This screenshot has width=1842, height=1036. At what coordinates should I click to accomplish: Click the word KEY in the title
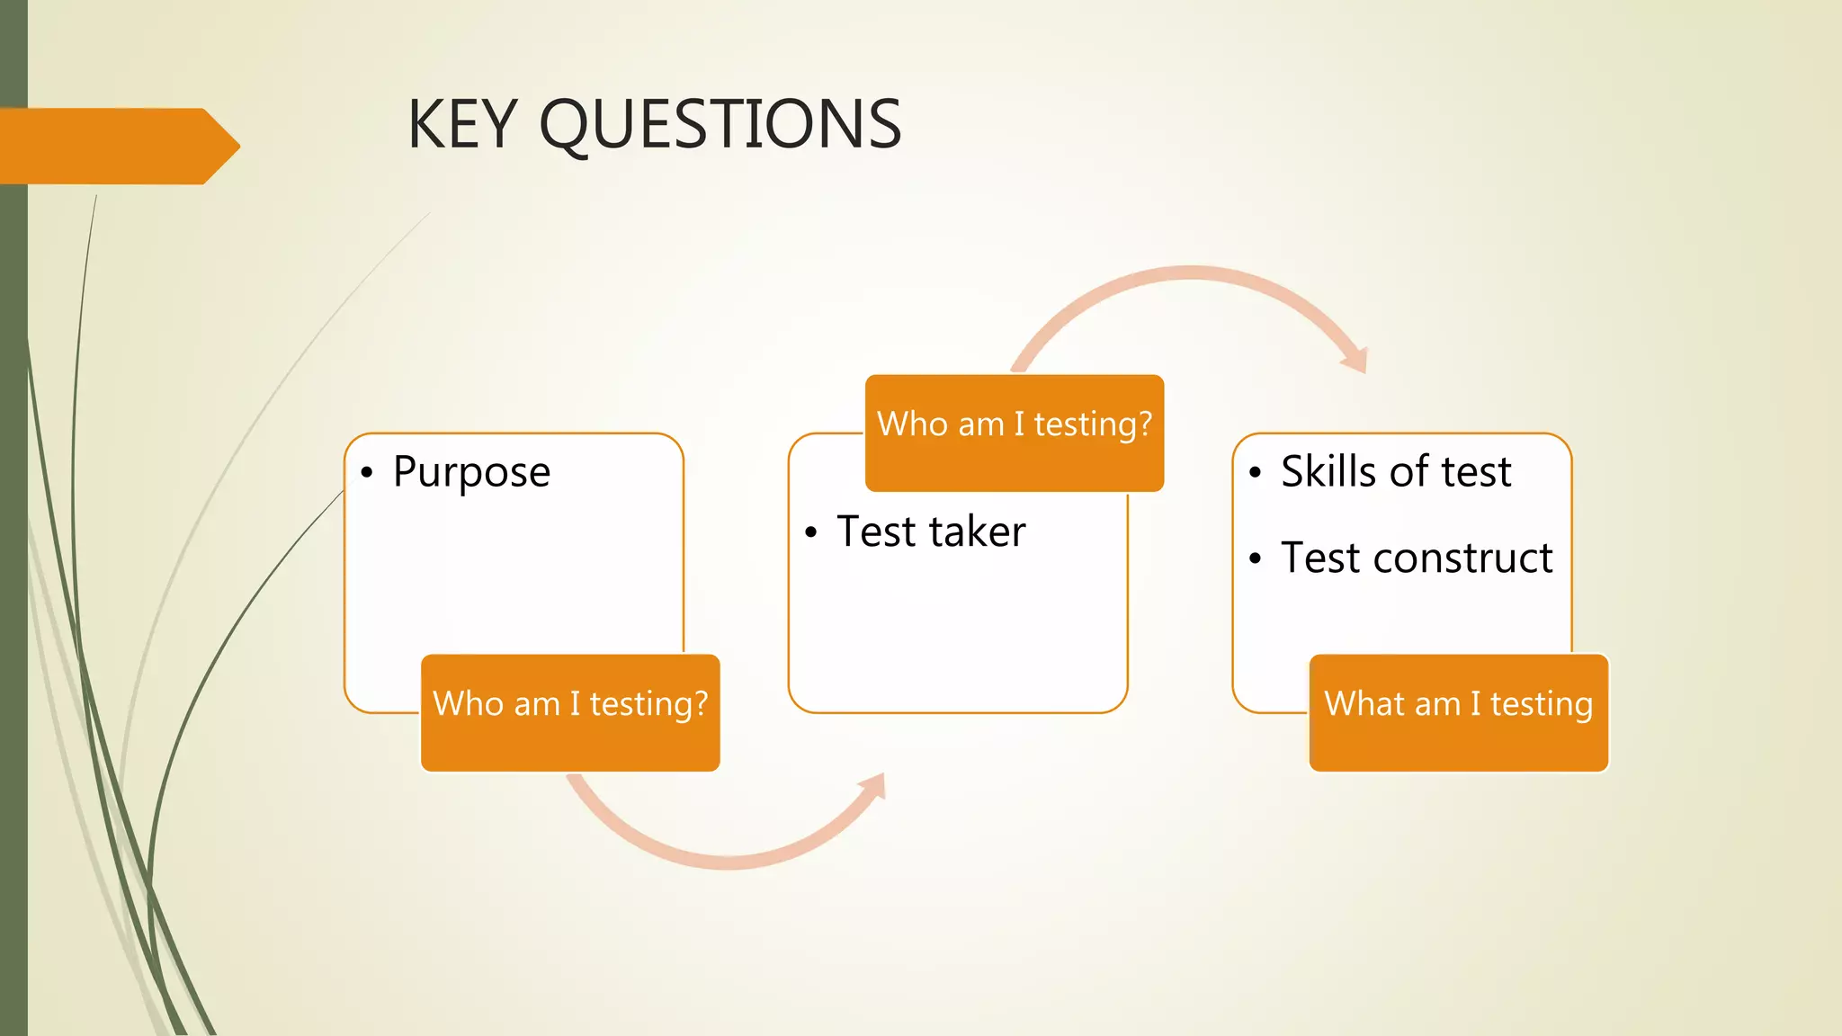pos(462,124)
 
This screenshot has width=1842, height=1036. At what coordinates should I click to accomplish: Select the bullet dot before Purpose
pos(366,473)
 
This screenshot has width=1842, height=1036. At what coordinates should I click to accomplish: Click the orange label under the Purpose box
pos(570,712)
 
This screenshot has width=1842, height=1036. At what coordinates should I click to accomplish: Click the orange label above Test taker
pos(1015,433)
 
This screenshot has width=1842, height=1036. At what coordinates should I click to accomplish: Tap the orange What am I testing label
pos(1458,712)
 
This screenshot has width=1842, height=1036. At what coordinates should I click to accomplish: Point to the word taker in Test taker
pos(978,531)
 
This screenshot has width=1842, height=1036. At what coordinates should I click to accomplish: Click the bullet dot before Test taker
pos(810,533)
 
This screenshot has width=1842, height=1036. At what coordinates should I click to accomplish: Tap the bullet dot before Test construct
pos(1255,559)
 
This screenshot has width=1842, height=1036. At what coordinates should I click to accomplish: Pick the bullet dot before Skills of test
pos(1255,473)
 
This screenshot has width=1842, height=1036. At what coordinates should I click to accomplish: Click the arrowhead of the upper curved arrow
pos(1356,360)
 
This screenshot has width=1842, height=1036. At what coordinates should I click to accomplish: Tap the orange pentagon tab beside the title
pos(117,146)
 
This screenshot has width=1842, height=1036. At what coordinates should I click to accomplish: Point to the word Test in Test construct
pos(1319,558)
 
